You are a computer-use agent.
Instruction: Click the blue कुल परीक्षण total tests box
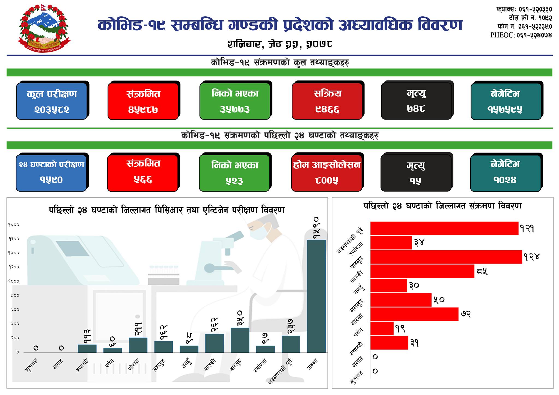point(52,101)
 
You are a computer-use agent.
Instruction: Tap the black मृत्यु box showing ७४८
point(416,101)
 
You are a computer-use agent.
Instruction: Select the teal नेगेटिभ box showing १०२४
point(505,173)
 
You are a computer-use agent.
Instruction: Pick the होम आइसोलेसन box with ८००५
point(326,173)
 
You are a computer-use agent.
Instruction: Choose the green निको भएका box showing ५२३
point(234,173)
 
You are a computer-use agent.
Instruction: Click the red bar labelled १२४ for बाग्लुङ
point(446,257)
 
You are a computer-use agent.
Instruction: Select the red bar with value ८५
point(422,271)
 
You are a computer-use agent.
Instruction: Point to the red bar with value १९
point(382,328)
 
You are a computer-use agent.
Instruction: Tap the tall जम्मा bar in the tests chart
point(316,296)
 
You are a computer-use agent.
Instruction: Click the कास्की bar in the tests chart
point(215,343)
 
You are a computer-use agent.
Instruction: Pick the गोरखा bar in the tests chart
point(138,345)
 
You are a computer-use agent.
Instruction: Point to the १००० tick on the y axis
point(14,281)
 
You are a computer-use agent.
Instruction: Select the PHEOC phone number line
point(521,35)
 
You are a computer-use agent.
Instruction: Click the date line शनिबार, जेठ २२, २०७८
point(279,44)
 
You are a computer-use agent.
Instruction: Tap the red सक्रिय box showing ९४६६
point(327,101)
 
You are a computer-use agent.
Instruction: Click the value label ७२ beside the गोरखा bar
point(466,314)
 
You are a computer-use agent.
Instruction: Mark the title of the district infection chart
point(442,206)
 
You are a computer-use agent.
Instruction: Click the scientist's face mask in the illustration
point(258,233)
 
